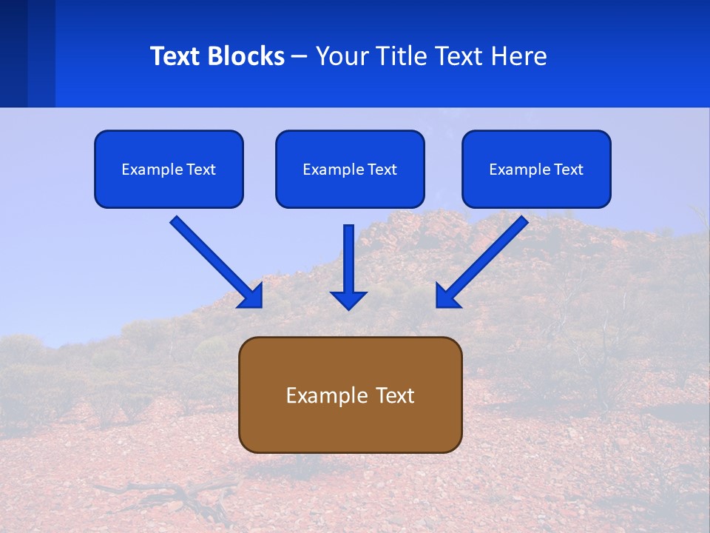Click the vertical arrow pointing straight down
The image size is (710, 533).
pyautogui.click(x=348, y=259)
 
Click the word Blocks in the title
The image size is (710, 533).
pyautogui.click(x=246, y=56)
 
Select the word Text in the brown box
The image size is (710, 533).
pyautogui.click(x=395, y=395)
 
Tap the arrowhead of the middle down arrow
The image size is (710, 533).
pyautogui.click(x=348, y=299)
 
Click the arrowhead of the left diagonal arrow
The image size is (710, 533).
pyautogui.click(x=251, y=296)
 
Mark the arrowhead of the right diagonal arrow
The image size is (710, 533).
pyautogui.click(x=446, y=296)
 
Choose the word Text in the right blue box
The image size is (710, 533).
pyautogui.click(x=568, y=170)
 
